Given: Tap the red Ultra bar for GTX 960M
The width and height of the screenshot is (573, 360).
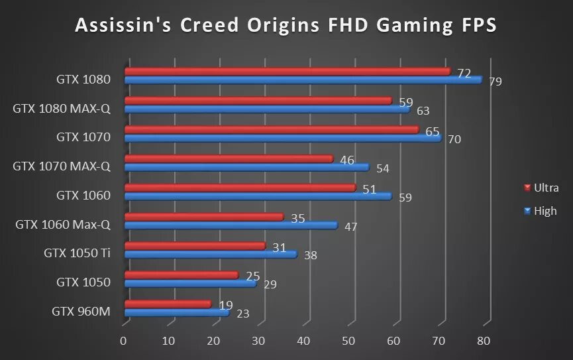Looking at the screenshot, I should pyautogui.click(x=167, y=304).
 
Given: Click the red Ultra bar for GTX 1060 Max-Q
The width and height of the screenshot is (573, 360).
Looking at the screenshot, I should pyautogui.click(x=203, y=217).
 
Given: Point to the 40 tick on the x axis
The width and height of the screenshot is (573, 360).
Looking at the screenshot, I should pyautogui.click(x=303, y=341).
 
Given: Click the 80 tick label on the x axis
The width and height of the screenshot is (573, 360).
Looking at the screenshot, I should pyautogui.click(x=484, y=341).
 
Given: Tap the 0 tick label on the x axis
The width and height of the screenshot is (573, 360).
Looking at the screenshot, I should pyautogui.click(x=123, y=341).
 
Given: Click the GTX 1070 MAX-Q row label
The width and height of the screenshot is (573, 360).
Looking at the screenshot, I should pyautogui.click(x=62, y=166).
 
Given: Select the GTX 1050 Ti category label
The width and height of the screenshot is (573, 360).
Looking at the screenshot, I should pyautogui.click(x=77, y=253).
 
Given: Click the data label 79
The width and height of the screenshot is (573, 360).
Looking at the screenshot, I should pyautogui.click(x=495, y=82).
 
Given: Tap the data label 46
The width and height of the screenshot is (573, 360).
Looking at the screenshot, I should pyautogui.click(x=346, y=160).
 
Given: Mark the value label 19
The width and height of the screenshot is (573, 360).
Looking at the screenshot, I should pyautogui.click(x=225, y=306).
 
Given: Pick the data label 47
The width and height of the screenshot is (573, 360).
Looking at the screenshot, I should pyautogui.click(x=351, y=227).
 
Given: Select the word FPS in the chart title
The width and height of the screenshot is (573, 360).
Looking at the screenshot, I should pyautogui.click(x=471, y=25).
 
